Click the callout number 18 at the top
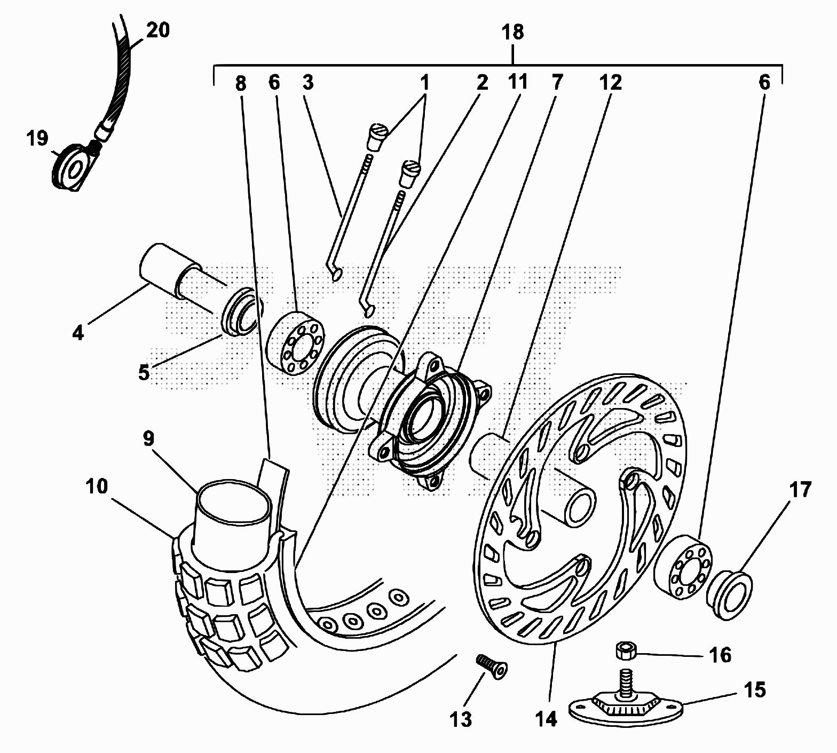coord(512,32)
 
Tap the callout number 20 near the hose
coord(157,30)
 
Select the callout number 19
coord(37,138)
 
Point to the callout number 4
coord(78,334)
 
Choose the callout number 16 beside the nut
coord(720,655)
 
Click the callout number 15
coord(754,690)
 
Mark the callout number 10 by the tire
coord(96,487)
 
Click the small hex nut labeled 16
coord(624,650)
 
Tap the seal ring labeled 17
coord(730,595)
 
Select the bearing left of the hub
coord(296,341)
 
